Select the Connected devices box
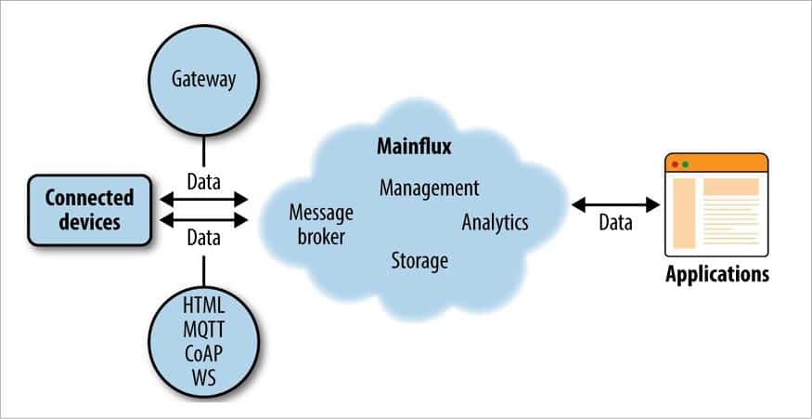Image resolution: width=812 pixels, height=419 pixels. point(90,209)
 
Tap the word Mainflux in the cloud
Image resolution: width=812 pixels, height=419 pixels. point(413,146)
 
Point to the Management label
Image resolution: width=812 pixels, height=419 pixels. point(429,188)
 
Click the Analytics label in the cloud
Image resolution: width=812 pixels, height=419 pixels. point(495,222)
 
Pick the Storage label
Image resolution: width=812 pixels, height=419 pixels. point(419,259)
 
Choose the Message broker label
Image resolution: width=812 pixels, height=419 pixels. point(321,225)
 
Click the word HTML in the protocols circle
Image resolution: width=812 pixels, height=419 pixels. point(203,304)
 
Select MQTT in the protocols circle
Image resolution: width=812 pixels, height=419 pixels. point(203,328)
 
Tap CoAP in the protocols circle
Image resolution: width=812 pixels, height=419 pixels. point(203,353)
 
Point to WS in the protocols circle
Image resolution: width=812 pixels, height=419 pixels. point(203,377)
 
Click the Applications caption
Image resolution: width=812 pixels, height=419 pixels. point(717,275)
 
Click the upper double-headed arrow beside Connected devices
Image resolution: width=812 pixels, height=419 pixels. point(204,198)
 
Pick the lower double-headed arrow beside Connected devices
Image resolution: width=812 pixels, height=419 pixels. point(204,220)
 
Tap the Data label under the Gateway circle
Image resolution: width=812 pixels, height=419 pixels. point(203,177)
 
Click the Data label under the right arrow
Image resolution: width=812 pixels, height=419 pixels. point(614,223)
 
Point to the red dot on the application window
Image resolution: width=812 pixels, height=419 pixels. point(675,164)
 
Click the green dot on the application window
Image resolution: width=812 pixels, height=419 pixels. point(686,164)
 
